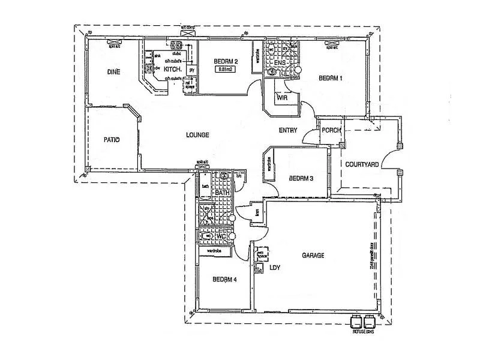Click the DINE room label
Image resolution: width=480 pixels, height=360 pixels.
[x=114, y=72]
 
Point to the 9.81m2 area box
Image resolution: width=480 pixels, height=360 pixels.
[x=226, y=70]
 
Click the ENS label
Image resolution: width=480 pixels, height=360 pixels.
[x=280, y=62]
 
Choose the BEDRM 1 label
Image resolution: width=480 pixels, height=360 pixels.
[x=331, y=78]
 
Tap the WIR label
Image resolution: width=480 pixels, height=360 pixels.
[x=282, y=97]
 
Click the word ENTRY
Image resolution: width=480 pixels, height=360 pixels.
[x=289, y=131]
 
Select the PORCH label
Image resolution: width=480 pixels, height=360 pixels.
[x=332, y=131]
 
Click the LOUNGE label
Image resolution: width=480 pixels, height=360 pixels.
[x=197, y=135]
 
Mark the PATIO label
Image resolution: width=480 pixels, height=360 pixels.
[x=112, y=140]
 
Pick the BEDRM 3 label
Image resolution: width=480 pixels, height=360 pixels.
[x=301, y=178]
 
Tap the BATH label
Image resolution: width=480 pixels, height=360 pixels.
[x=223, y=193]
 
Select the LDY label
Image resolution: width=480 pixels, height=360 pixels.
[x=275, y=268]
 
